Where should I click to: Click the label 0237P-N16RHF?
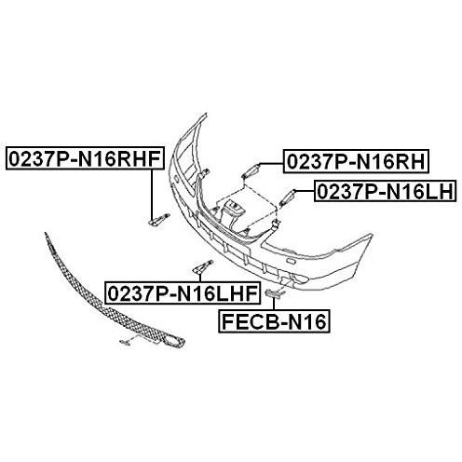click(x=85, y=158)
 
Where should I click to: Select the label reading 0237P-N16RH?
click(x=356, y=161)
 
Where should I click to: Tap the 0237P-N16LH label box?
click(x=386, y=191)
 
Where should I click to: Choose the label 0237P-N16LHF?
click(x=183, y=292)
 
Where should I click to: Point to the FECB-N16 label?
click(x=274, y=321)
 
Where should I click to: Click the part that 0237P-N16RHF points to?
click(x=159, y=219)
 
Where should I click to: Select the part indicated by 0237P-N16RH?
click(x=251, y=170)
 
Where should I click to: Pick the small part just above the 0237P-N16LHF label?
click(x=203, y=266)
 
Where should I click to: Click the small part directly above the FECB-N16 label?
click(x=274, y=292)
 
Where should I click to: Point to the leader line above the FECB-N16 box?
click(x=274, y=303)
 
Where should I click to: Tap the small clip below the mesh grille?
click(x=125, y=342)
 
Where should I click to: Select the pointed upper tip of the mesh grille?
click(x=46, y=233)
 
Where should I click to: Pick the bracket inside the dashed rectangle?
click(x=232, y=214)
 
